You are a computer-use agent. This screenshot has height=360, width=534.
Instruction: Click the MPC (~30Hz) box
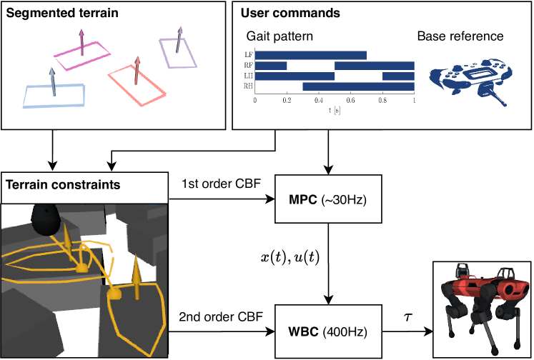[328, 198]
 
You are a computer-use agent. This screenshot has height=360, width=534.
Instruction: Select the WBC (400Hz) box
[328, 332]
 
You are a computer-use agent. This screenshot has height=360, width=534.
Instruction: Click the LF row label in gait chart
[247, 55]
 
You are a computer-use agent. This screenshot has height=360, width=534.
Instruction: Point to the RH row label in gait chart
[247, 86]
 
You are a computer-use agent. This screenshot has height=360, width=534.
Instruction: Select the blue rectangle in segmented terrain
[54, 96]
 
